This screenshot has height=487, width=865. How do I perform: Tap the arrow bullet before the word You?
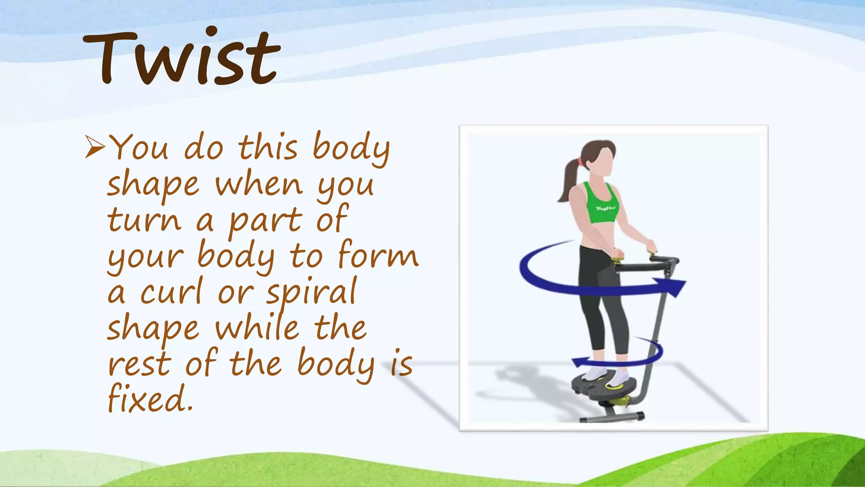(95, 147)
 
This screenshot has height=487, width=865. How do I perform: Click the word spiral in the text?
(312, 292)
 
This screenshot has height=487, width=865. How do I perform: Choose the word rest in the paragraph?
(139, 364)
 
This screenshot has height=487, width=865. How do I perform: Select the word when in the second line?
(259, 184)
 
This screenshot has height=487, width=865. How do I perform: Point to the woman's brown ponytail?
(569, 178)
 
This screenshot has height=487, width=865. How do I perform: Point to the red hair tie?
(582, 161)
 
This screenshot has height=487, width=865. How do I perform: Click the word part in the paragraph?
(265, 220)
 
